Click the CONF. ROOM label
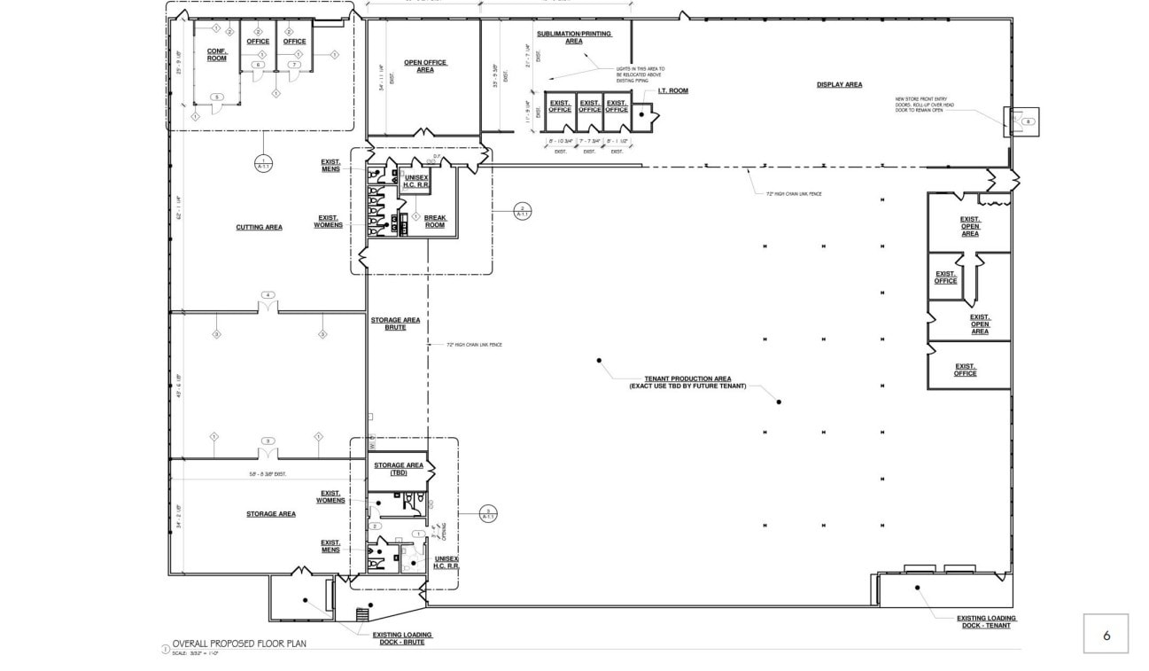(x=217, y=55)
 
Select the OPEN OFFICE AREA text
(x=425, y=66)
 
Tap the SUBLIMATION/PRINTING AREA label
(x=573, y=37)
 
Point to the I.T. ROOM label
(x=672, y=91)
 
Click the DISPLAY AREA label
(x=839, y=85)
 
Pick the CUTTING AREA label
(x=259, y=228)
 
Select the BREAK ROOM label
(x=435, y=222)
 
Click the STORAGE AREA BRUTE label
(x=395, y=324)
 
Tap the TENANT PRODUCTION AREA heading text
(x=687, y=378)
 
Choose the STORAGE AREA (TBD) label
(x=398, y=469)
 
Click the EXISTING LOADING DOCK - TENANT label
(x=986, y=622)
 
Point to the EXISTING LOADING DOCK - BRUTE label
(x=401, y=638)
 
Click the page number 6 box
(x=1106, y=635)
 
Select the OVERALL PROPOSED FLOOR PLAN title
(x=239, y=644)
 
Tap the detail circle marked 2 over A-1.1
(x=523, y=211)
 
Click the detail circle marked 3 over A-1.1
(x=488, y=512)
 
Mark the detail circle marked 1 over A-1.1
(x=263, y=163)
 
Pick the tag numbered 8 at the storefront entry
(x=1028, y=121)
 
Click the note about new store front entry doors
(x=924, y=105)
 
